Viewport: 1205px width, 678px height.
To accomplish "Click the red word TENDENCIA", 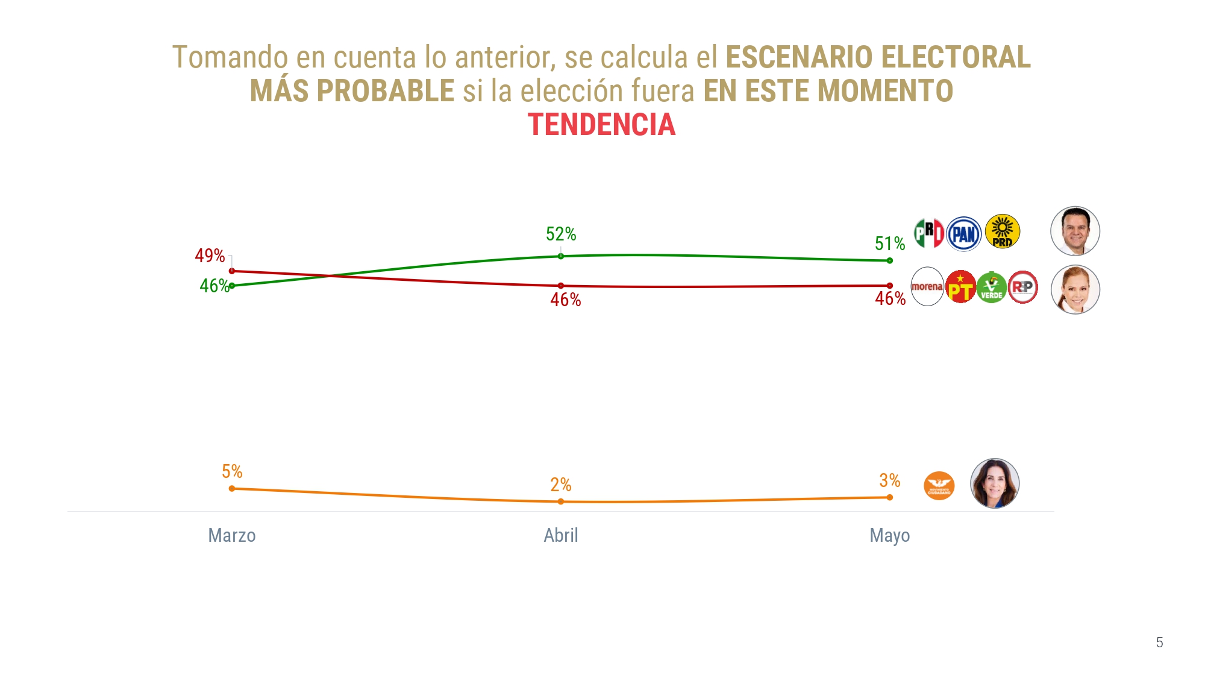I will tap(601, 125).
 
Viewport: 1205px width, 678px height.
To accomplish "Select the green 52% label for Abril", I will tap(561, 234).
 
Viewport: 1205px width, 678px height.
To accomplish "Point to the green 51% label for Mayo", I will tap(890, 243).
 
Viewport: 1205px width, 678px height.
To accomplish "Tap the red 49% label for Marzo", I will tap(210, 256).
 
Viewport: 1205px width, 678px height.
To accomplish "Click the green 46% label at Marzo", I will tap(214, 286).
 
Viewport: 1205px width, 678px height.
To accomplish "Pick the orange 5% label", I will tap(232, 471).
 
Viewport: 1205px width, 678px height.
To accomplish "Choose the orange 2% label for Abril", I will tap(561, 485).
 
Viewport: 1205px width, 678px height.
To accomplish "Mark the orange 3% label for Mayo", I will tap(890, 480).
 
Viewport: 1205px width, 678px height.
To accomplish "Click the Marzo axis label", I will tap(232, 535).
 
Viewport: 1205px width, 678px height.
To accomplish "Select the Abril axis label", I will tap(561, 535).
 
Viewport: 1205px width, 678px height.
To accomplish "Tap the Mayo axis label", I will tap(890, 535).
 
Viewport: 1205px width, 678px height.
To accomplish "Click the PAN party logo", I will tap(964, 234).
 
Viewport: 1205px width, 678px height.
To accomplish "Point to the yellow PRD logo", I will tap(1003, 232).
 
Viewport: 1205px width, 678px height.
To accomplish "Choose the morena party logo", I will tap(927, 287).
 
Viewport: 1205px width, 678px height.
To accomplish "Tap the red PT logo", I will tap(960, 287).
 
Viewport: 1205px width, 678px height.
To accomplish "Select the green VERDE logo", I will tap(992, 287).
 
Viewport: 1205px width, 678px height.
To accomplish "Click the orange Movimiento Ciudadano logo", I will tap(939, 486).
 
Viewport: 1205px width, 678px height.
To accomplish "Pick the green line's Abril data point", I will tap(561, 256).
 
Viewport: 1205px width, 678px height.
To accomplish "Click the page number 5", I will tap(1159, 642).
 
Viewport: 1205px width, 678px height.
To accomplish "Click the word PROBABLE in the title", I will tap(386, 91).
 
